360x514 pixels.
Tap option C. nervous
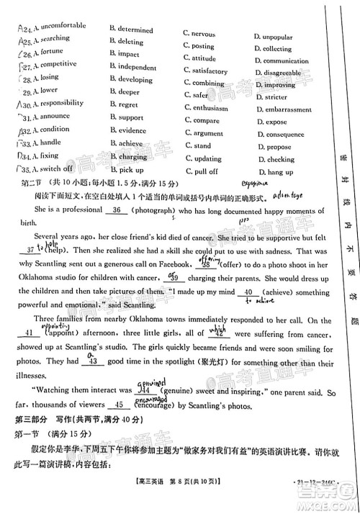[x=202, y=34]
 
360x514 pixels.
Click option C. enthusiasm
[x=207, y=109]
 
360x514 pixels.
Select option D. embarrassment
[x=284, y=109]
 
